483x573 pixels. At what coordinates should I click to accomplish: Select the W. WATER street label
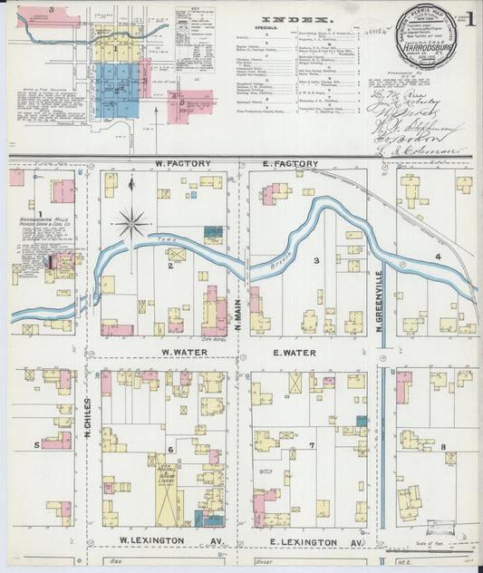(x=186, y=352)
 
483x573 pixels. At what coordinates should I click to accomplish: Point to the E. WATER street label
(x=294, y=352)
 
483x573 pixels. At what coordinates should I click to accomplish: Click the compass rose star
(x=132, y=222)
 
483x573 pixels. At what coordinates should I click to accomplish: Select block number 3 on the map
(x=315, y=261)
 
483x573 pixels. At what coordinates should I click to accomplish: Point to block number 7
(x=311, y=445)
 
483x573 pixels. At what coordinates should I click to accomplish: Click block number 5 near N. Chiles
(x=36, y=444)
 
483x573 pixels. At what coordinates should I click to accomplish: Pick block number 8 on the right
(x=443, y=446)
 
